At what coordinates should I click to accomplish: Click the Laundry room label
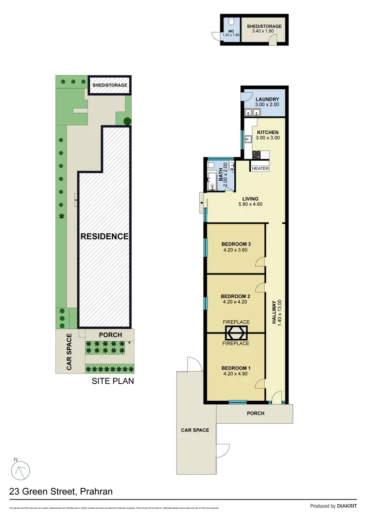point(267,102)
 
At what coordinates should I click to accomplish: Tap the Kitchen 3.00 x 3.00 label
point(267,135)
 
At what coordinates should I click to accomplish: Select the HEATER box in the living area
point(260,168)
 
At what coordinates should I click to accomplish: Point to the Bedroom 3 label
point(236,247)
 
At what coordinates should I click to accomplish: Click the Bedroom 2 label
point(236,299)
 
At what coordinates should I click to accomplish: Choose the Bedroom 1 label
point(236,371)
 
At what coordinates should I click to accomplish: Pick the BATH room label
point(222,172)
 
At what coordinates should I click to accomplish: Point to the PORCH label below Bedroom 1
point(255,414)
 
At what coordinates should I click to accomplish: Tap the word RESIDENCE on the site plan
point(104,236)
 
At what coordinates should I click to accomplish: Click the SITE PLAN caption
point(113,381)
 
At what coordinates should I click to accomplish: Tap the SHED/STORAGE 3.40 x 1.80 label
point(264,28)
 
